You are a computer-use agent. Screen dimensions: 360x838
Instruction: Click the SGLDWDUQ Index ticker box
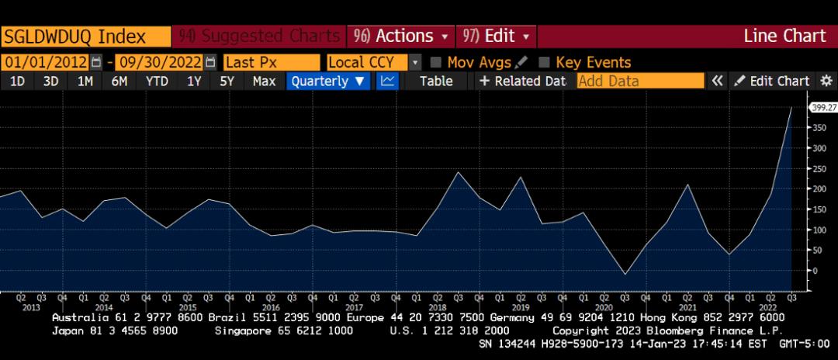coord(85,36)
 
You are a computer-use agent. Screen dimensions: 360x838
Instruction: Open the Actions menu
coord(401,36)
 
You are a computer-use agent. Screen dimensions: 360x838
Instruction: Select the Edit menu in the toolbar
coord(497,36)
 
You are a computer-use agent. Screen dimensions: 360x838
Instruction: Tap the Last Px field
coord(271,62)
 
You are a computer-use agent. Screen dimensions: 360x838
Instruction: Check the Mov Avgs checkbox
coord(436,62)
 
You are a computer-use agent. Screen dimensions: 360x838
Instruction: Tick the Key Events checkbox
coord(545,62)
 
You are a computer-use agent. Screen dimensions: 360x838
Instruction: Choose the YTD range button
coord(158,81)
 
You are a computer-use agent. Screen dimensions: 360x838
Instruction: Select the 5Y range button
coord(227,81)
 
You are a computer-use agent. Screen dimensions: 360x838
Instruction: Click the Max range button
coord(265,81)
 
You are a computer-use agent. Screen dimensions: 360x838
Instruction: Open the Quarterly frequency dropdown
coord(329,81)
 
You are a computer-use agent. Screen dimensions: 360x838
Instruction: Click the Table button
coord(436,81)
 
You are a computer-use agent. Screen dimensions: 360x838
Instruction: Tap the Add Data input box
coord(640,81)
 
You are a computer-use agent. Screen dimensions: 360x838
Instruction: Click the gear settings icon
coord(826,81)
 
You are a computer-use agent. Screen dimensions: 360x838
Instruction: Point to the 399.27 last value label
coord(822,108)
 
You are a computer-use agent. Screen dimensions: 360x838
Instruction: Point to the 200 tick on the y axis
coord(816,189)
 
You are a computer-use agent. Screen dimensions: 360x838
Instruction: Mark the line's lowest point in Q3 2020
coord(625,274)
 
